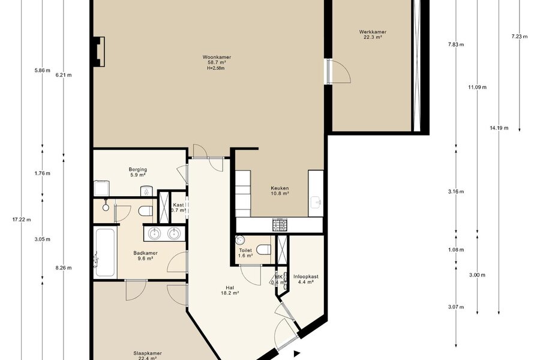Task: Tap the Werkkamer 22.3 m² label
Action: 373,34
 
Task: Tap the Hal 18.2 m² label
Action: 230,290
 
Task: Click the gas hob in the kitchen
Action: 280,224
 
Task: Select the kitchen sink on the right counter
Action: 316,202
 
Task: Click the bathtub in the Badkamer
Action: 104,253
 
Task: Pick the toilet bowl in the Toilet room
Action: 264,250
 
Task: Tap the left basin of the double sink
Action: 154,234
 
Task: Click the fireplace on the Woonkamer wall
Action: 99,52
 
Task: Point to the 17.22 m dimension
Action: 22,220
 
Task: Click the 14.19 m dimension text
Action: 499,128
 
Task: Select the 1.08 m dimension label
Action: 456,250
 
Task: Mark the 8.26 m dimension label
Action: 64,268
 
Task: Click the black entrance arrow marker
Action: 297,353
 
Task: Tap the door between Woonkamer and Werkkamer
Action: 338,71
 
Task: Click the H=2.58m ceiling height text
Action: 216,68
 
